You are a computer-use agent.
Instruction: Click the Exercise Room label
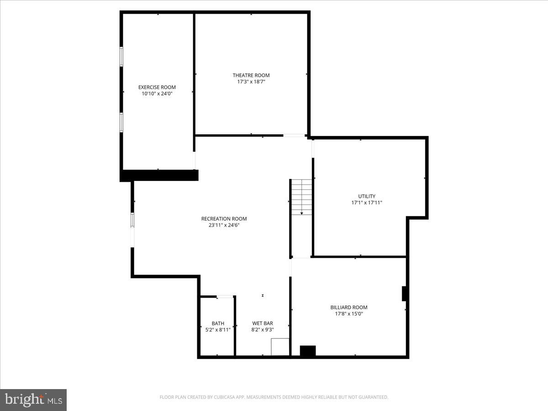pyautogui.click(x=157, y=87)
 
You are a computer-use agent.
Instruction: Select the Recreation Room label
pyautogui.click(x=224, y=219)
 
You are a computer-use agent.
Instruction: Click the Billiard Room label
pyautogui.click(x=349, y=307)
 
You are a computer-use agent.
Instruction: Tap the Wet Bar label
pyautogui.click(x=263, y=323)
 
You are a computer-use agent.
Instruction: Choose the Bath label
pyautogui.click(x=218, y=323)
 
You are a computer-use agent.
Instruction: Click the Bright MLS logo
pyautogui.click(x=33, y=400)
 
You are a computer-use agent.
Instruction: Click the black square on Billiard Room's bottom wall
pyautogui.click(x=307, y=351)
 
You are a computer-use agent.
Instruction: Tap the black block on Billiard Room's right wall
pyautogui.click(x=404, y=294)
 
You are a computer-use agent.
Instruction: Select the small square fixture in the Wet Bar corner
pyautogui.click(x=280, y=347)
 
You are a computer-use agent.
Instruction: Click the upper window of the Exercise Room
pyautogui.click(x=121, y=57)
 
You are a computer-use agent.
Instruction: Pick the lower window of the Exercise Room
pyautogui.click(x=121, y=122)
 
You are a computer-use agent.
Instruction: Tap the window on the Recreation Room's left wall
pyautogui.click(x=133, y=220)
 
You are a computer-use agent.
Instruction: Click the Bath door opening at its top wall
pyautogui.click(x=224, y=296)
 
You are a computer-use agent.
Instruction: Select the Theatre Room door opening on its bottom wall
pyautogui.click(x=294, y=135)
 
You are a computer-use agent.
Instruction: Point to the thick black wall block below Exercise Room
pyautogui.click(x=159, y=175)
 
